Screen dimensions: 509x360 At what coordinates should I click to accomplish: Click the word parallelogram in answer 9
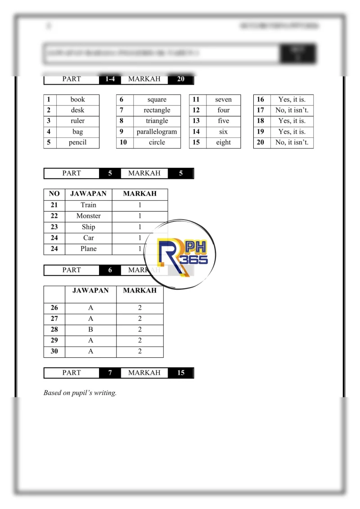(x=157, y=132)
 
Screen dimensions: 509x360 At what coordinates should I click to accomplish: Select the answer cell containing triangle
(x=157, y=121)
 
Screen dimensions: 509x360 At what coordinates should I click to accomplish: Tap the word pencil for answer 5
(x=77, y=143)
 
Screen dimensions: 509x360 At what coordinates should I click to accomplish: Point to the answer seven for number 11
(x=223, y=99)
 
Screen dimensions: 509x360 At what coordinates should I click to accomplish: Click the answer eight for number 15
(x=223, y=143)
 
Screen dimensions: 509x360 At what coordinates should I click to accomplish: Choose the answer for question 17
(x=292, y=110)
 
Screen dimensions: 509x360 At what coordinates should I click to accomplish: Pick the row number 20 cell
(x=261, y=143)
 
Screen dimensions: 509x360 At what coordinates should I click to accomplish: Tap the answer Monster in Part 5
(x=89, y=216)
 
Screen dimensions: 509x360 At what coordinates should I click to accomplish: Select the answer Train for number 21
(x=89, y=205)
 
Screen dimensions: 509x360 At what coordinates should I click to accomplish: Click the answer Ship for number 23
(x=89, y=227)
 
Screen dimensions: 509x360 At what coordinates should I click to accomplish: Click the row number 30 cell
(x=54, y=351)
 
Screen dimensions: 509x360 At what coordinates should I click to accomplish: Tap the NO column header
(x=54, y=194)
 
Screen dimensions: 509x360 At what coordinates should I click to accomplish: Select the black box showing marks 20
(x=181, y=79)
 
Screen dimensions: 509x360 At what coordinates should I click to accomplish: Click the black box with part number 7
(x=110, y=373)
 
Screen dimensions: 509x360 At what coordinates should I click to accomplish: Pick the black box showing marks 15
(x=181, y=373)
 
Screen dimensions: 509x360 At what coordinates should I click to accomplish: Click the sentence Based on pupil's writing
(x=80, y=393)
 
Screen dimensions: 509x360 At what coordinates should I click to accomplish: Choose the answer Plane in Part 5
(x=89, y=249)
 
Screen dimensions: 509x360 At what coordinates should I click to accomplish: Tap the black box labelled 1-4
(x=110, y=79)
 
